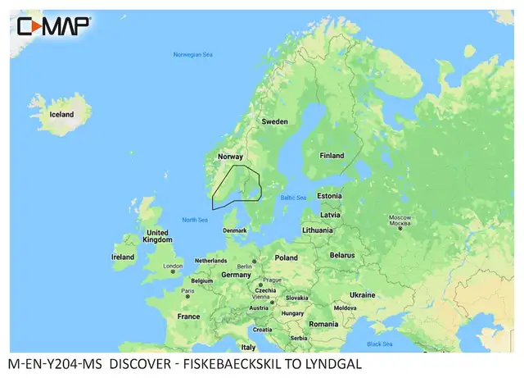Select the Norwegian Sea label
pos(193,55)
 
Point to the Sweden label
pos(274,121)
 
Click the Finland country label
pos(332,155)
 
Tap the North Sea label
pos(194,220)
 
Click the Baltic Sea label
pos(292,198)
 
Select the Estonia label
pos(329,196)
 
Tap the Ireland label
pos(123,257)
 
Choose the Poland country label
pos(287,257)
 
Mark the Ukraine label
pos(362,294)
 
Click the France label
pos(188,316)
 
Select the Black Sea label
pos(379,344)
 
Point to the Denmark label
pos(234,230)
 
